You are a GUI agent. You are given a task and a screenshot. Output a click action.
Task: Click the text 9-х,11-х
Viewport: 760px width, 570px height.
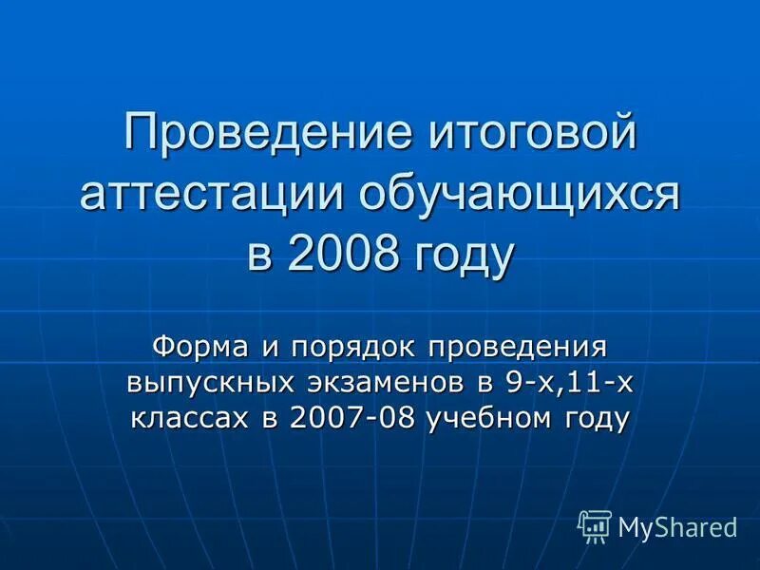point(569,383)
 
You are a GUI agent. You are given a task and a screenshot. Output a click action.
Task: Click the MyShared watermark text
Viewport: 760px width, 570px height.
point(677,525)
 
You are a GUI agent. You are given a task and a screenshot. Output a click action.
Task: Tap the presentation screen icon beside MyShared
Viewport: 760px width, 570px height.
point(595,525)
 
